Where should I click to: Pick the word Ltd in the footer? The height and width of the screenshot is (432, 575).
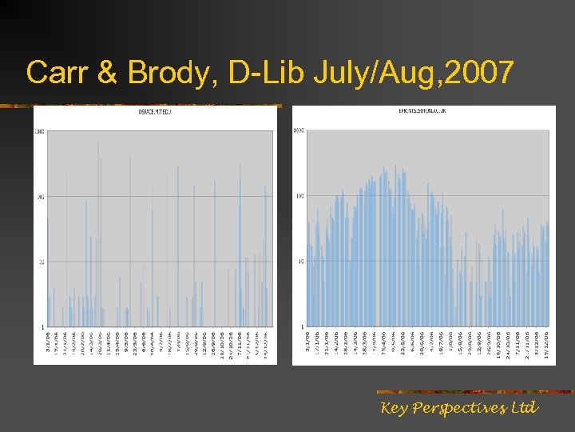click(524, 408)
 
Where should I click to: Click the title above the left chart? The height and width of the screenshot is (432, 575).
click(156, 112)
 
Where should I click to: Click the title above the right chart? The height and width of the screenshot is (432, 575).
click(422, 110)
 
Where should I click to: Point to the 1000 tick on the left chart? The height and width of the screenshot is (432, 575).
click(40, 132)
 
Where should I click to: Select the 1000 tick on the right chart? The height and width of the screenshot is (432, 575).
click(299, 130)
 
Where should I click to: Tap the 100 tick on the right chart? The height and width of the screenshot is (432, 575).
click(299, 196)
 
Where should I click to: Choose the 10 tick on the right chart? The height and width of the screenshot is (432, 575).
click(300, 262)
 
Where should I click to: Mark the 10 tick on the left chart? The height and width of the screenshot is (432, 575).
click(41, 262)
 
